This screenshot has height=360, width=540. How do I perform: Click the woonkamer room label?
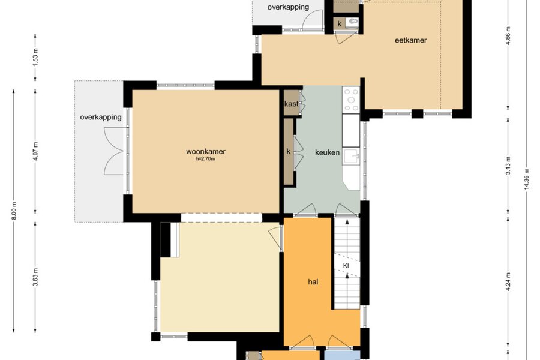pos(206,151)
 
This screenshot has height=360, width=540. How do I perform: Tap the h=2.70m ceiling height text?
pos(205,159)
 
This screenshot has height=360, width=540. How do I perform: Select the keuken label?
pos(327,152)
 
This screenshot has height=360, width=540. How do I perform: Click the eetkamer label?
pos(410,40)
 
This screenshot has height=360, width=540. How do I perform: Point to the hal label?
pos(313,282)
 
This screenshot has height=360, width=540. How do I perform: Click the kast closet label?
pos(292,104)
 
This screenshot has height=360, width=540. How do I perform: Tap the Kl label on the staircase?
pos(346,266)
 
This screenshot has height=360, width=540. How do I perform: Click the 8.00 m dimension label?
pos(14,211)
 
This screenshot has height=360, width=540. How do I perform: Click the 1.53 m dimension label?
pos(36,57)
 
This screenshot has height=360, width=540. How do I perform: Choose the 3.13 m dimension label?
pos(508,166)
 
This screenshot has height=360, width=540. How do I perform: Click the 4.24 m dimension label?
pos(508,281)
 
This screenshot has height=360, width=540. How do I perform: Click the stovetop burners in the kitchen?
pos(351,100)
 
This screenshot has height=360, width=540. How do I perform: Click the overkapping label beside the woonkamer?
pos(101,117)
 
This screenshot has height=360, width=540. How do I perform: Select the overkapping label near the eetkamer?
pos(288,7)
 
